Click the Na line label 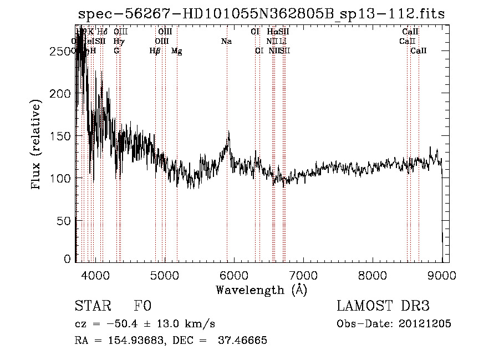(226, 41)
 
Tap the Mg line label (176, 50)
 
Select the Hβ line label (155, 50)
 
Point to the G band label (116, 50)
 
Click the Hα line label (272, 32)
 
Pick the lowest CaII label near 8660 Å (419, 50)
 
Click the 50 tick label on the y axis (64, 220)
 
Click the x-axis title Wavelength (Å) (261, 290)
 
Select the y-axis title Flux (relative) (37, 145)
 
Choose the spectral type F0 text (142, 306)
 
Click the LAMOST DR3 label (383, 306)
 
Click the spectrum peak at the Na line (228, 132)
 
